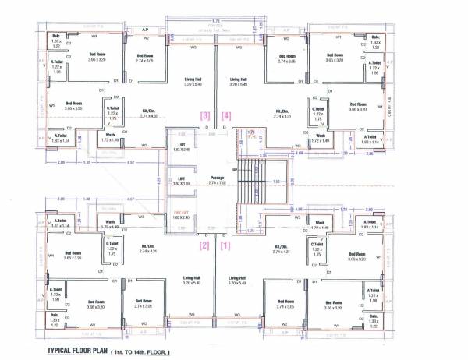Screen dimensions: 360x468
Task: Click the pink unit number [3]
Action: (205, 115)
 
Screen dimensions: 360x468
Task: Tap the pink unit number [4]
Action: (226, 115)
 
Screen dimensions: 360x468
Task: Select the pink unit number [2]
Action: (205, 245)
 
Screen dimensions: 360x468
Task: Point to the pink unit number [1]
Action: (226, 245)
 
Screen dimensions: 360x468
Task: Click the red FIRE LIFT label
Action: (180, 212)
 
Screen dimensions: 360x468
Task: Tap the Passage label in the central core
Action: (217, 178)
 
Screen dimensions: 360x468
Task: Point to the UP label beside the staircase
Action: (234, 168)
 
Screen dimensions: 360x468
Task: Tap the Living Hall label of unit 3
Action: (193, 79)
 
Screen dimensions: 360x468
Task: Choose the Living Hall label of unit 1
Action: (239, 277)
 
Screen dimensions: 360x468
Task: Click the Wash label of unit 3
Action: (111, 134)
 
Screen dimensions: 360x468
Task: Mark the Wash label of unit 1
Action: (320, 221)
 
